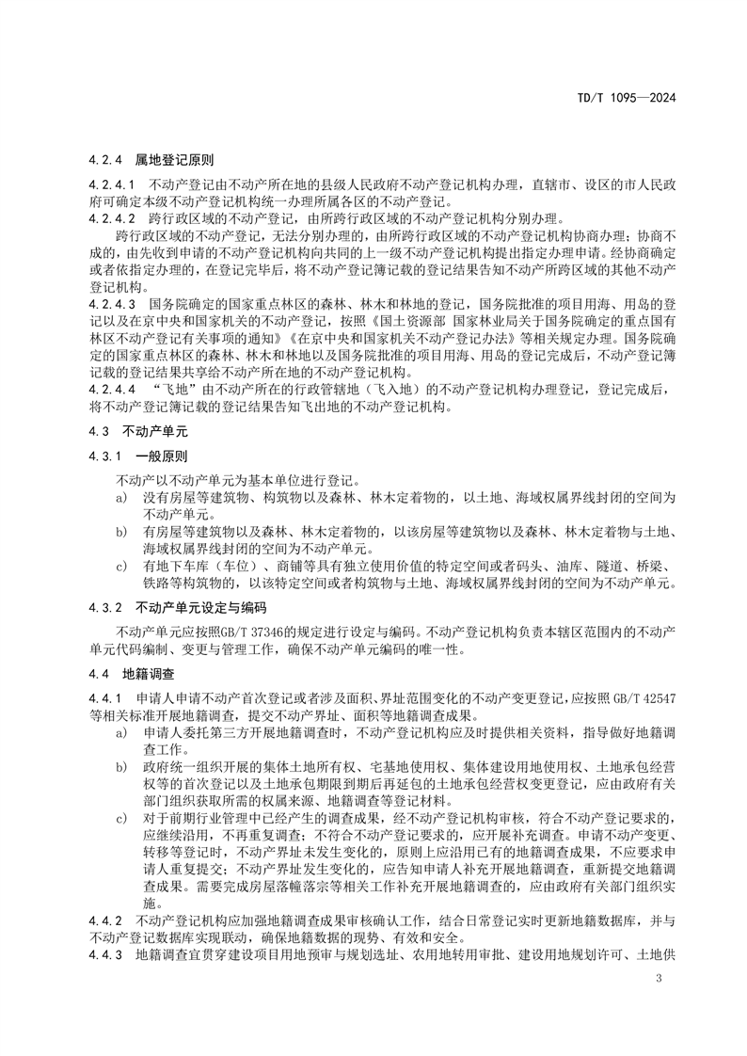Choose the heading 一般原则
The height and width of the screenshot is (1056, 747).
[x=162, y=455]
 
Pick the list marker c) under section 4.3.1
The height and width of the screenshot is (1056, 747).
[x=121, y=566]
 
